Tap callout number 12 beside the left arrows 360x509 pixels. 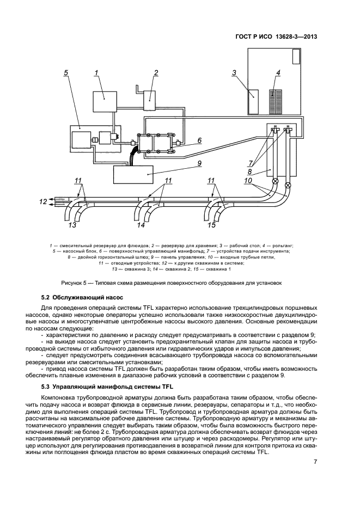point(42,201)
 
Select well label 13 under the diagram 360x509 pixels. point(72,224)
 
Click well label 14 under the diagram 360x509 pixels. point(141,224)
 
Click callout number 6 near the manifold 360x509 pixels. point(199,140)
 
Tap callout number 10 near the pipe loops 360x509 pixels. point(248,180)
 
